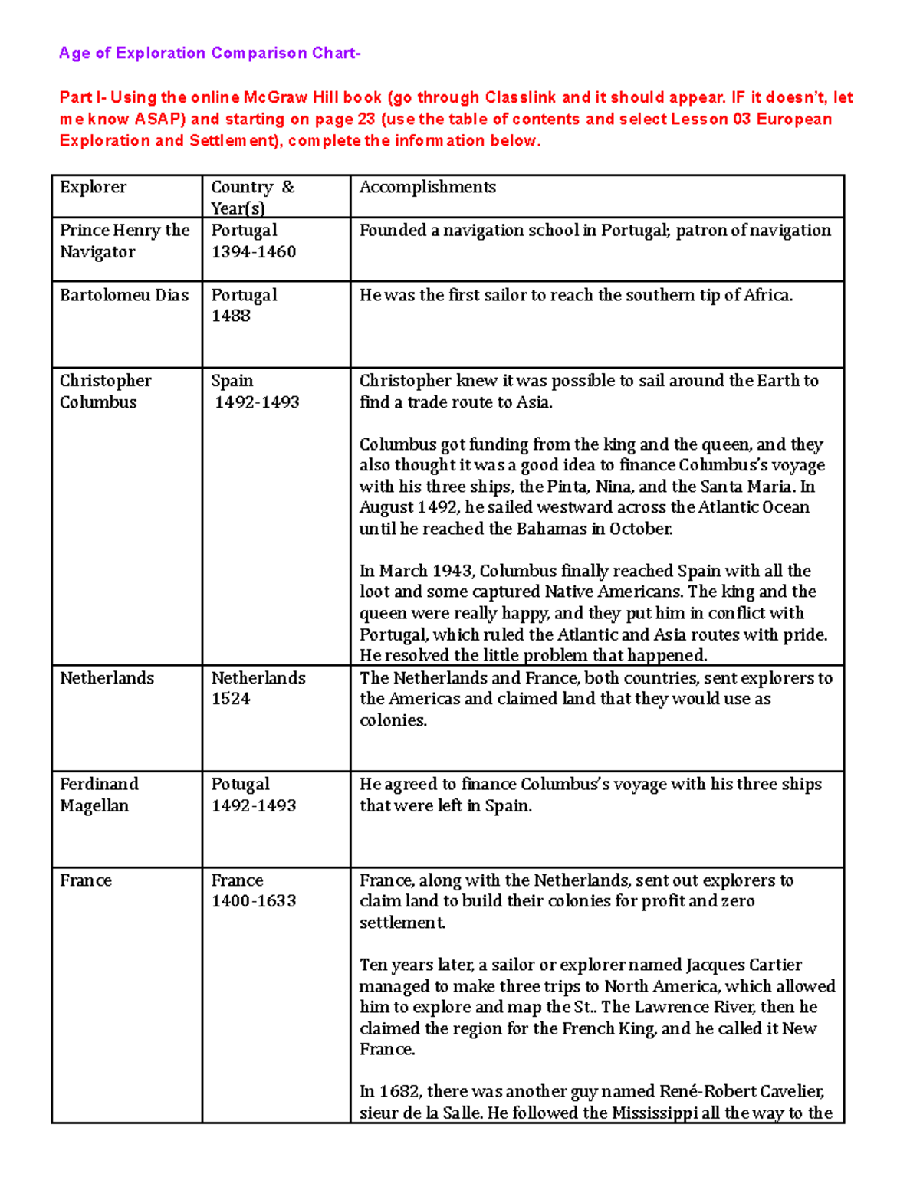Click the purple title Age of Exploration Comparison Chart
(209, 53)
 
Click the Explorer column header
(93, 187)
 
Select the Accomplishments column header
(427, 187)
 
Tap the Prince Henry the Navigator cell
(124, 241)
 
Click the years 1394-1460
(254, 251)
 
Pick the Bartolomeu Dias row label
(124, 295)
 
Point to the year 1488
(231, 316)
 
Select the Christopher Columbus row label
(106, 391)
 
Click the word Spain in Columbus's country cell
(232, 380)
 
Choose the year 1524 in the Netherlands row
(231, 699)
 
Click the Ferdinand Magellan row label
(99, 795)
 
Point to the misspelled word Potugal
(240, 784)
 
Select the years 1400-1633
(254, 901)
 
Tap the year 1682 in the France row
(399, 1091)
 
